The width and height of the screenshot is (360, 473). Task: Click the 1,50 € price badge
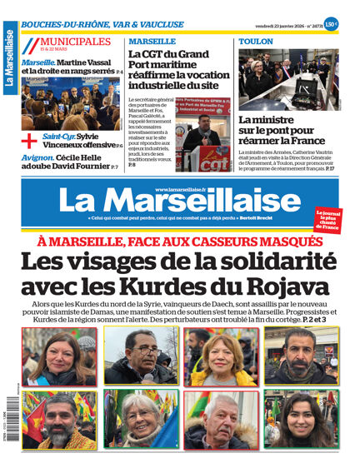pyautogui.click(x=331, y=24)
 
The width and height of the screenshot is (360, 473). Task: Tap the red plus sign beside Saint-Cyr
pyautogui.click(x=29, y=139)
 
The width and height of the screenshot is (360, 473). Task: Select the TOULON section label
pyautogui.click(x=255, y=42)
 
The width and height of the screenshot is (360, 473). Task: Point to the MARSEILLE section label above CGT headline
pyautogui.click(x=152, y=42)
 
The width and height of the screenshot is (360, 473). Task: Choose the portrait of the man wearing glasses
pyautogui.click(x=139, y=356)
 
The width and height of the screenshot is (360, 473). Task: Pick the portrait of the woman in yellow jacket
pyautogui.click(x=220, y=356)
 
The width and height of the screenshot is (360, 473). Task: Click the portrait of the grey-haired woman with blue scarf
pyautogui.click(x=139, y=418)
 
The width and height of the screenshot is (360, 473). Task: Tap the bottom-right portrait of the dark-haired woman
pyautogui.click(x=301, y=418)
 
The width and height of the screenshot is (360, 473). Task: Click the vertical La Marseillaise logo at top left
pyautogui.click(x=9, y=58)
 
